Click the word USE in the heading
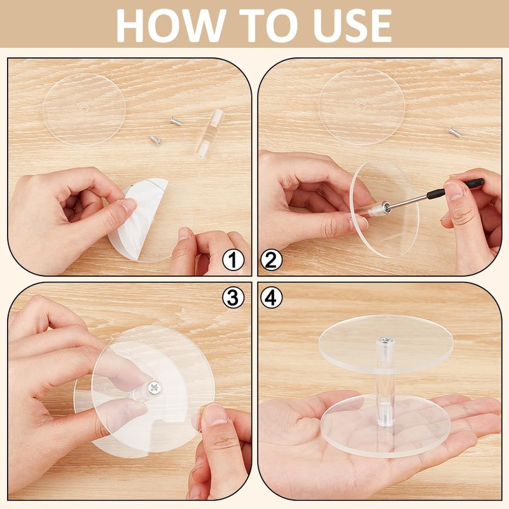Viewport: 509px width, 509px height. coord(352,25)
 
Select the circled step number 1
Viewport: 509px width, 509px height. coord(233,260)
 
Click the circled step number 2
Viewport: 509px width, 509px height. coord(272,260)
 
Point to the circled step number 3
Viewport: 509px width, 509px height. coord(233,297)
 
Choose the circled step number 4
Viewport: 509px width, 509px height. coord(272,297)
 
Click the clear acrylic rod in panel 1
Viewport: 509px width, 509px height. coord(210,134)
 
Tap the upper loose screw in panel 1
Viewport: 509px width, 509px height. coord(176,122)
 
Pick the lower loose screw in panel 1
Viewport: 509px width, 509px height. coord(156,141)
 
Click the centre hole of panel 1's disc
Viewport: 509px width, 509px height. coord(85,108)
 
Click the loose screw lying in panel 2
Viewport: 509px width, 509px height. coord(454,132)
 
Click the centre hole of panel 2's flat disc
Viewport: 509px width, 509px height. coord(361,104)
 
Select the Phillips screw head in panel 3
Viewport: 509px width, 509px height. coord(154,387)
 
